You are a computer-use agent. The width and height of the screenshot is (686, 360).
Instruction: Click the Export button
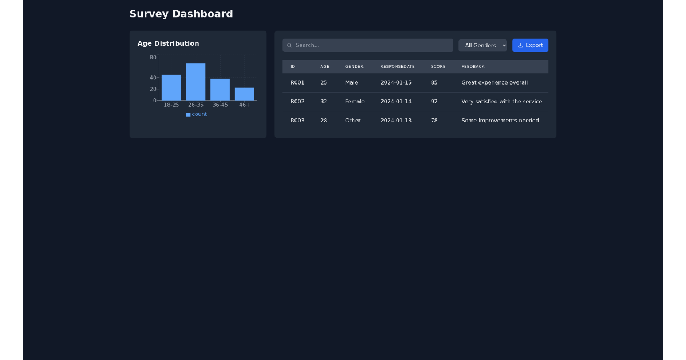click(x=530, y=45)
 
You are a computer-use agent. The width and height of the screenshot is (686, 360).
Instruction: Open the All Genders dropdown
click(x=482, y=45)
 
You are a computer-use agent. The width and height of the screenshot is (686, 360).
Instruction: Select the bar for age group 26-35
click(x=196, y=82)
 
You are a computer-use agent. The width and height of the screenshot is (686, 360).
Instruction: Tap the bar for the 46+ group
click(x=244, y=94)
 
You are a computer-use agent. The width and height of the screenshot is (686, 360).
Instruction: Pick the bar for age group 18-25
click(x=171, y=87)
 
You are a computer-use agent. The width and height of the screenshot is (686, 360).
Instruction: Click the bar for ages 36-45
click(x=220, y=90)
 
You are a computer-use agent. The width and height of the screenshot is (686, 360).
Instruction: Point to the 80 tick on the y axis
click(x=153, y=57)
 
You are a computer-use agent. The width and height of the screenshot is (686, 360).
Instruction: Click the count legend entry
click(x=196, y=114)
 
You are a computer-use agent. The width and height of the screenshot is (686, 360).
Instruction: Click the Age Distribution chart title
click(x=168, y=43)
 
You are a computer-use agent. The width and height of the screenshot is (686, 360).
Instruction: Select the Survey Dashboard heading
click(x=181, y=14)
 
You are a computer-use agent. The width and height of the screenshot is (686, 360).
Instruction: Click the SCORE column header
click(x=438, y=67)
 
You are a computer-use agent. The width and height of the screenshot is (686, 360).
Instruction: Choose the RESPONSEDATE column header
click(x=397, y=67)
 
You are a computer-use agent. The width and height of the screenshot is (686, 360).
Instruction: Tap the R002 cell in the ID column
click(x=297, y=102)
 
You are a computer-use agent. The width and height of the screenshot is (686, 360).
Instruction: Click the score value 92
click(x=434, y=102)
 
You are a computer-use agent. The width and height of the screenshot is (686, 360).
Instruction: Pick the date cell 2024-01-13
click(x=396, y=121)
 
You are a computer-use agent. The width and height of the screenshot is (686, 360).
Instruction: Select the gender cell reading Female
click(x=354, y=102)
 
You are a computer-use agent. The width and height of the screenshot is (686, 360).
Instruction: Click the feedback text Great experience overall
click(x=494, y=83)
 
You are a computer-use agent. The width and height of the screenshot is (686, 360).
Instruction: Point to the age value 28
click(x=324, y=121)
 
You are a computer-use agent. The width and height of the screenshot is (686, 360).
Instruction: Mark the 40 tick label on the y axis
click(x=153, y=78)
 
